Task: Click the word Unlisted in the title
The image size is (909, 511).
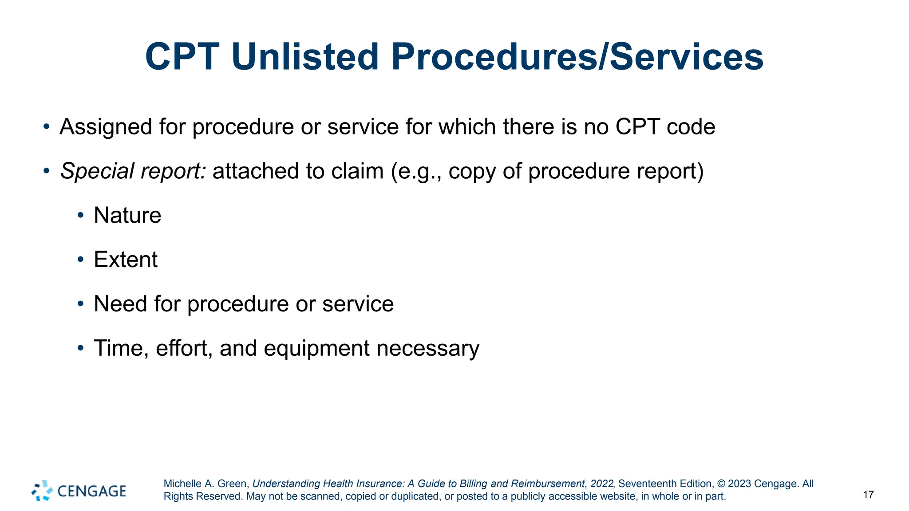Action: (305, 57)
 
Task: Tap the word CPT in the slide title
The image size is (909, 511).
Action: (182, 57)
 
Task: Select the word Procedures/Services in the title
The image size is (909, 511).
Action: (577, 57)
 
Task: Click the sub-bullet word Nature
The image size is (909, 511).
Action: (127, 216)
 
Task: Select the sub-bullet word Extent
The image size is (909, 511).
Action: (126, 259)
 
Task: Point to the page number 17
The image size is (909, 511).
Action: (868, 495)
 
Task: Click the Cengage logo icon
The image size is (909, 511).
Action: (42, 491)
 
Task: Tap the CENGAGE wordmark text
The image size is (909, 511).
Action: (91, 491)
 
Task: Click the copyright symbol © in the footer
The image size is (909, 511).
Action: (721, 484)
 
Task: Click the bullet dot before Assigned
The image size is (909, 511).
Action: (46, 127)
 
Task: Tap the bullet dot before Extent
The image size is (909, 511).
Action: (80, 259)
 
